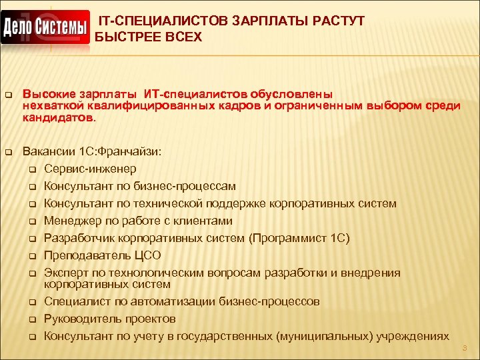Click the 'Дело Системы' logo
[x=45, y=27]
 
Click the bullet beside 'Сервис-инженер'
[x=31, y=169]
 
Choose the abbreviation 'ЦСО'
[x=147, y=255]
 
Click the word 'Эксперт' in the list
[x=66, y=272]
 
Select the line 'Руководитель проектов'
[x=109, y=319]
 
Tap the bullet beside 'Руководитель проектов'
[x=31, y=319]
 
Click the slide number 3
[x=465, y=348]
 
